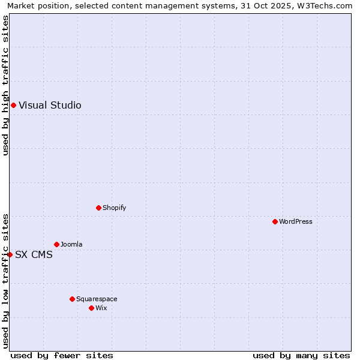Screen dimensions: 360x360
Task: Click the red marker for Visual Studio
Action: (x=13, y=106)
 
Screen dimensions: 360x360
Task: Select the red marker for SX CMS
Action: (x=10, y=254)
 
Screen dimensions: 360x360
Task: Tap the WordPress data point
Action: (x=275, y=221)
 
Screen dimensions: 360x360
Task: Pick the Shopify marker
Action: (x=98, y=208)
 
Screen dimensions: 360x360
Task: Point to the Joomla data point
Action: (x=56, y=244)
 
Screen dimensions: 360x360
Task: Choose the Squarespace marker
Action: (x=72, y=299)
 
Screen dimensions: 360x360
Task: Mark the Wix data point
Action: (x=91, y=308)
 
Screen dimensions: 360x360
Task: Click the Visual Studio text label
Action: (x=50, y=106)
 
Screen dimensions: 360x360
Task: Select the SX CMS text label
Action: (x=34, y=254)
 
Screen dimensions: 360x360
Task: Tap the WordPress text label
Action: (x=296, y=221)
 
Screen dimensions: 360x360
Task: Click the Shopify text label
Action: (x=114, y=208)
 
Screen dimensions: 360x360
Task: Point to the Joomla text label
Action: (x=71, y=244)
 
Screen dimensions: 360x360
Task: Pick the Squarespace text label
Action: (x=97, y=299)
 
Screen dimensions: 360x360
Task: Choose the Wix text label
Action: (x=101, y=308)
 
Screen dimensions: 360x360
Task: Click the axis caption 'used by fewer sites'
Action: (x=62, y=355)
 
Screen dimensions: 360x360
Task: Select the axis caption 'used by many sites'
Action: (x=301, y=355)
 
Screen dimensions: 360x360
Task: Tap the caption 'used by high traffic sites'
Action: (x=5, y=85)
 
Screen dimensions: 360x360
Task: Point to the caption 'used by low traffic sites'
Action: (x=5, y=281)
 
